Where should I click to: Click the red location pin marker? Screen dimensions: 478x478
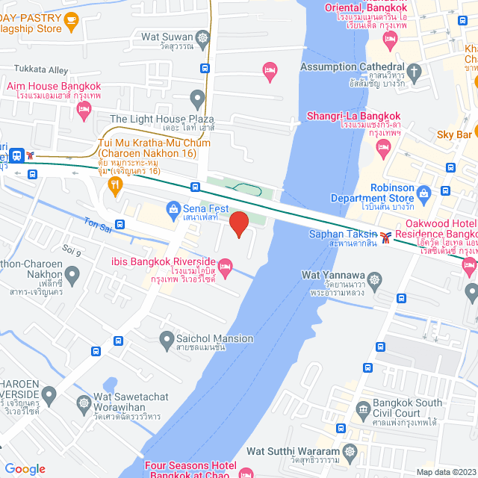238,224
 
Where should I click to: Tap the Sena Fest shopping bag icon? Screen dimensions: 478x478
173,208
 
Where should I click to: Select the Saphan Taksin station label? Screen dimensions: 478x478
344,235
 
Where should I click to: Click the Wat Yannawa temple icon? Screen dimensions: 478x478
374,279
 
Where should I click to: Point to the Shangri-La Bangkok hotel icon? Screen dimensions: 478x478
384,150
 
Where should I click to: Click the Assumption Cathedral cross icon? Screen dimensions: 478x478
415,72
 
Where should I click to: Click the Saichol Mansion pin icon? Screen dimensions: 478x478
167,341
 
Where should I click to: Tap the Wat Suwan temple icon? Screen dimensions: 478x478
203,37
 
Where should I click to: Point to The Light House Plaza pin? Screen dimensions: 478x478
197,97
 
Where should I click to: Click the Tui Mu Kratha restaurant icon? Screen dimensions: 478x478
114,187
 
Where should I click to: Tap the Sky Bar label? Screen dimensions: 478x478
454,134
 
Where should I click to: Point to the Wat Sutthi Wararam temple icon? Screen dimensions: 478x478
350,453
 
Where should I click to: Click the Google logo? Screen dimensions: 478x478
25,469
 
